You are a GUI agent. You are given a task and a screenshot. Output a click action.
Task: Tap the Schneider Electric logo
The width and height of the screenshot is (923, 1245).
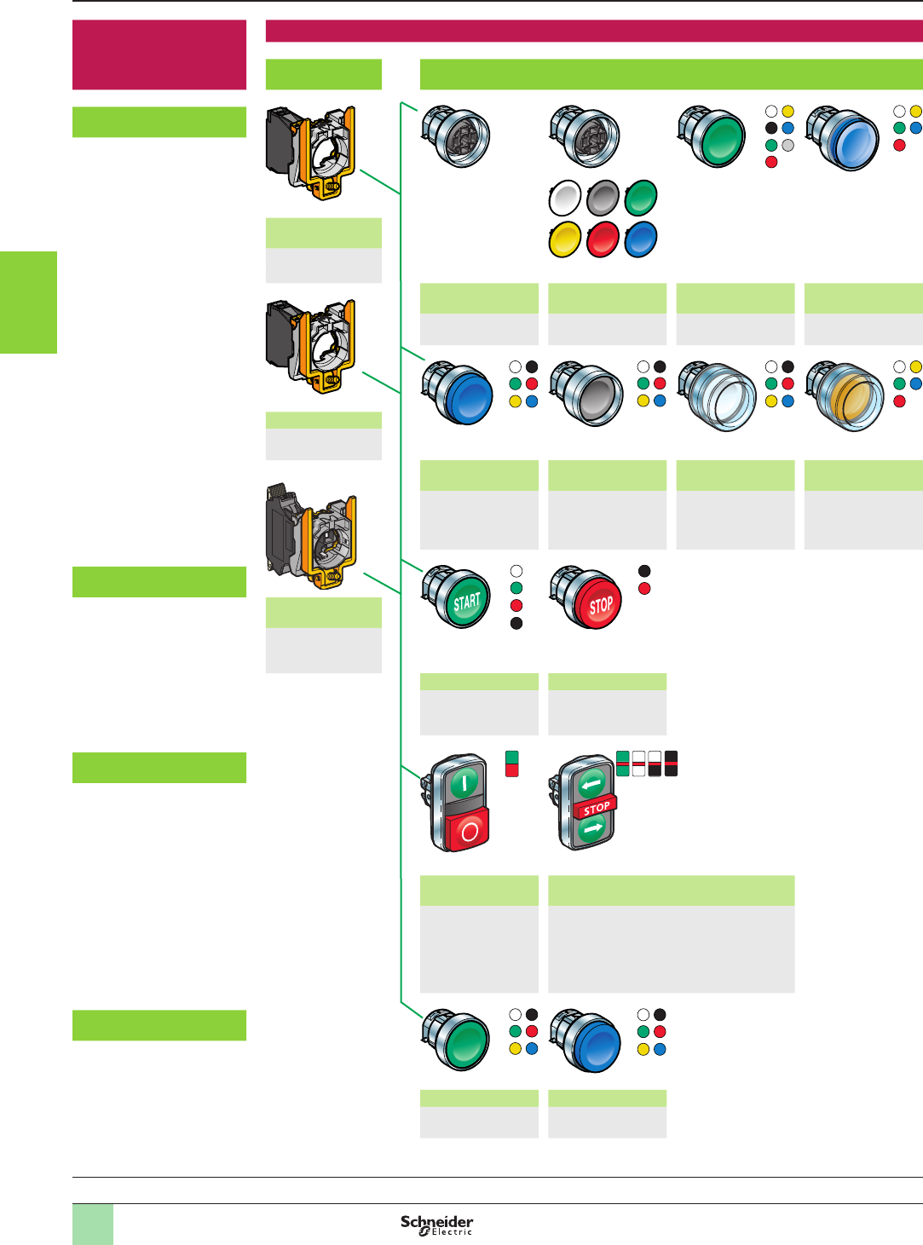click(436, 1225)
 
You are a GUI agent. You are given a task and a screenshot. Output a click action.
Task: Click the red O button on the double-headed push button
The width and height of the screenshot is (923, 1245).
click(468, 830)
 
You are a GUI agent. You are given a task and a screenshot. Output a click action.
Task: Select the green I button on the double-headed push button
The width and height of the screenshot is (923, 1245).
click(464, 782)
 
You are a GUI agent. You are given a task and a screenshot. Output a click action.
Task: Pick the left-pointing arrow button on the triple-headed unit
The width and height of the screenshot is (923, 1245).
click(591, 783)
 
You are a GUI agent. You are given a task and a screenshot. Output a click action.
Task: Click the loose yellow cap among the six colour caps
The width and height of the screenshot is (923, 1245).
click(564, 239)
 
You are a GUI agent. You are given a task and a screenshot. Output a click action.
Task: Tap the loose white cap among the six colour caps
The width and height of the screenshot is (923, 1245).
click(565, 198)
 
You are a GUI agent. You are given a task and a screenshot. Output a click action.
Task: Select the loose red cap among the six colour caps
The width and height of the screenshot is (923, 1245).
click(603, 239)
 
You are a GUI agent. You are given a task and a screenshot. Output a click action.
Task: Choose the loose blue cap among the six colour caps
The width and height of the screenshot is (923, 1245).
click(641, 239)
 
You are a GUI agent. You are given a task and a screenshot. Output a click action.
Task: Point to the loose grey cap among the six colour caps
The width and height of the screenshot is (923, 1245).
click(603, 198)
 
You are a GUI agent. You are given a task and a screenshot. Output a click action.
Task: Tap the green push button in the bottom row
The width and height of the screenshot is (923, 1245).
click(463, 1042)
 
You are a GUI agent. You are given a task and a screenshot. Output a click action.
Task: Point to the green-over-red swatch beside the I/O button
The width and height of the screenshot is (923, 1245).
click(511, 764)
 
